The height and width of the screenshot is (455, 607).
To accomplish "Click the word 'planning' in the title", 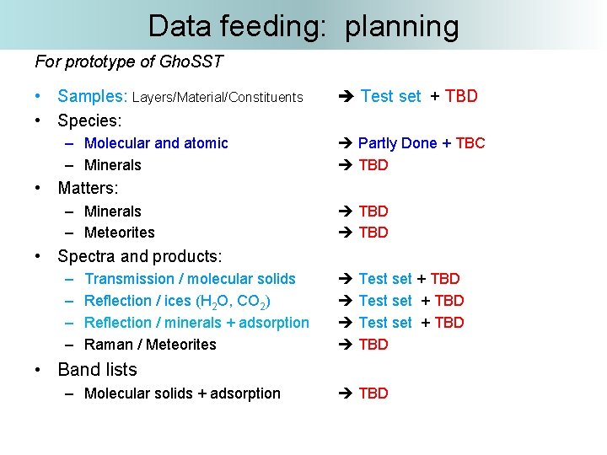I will (402, 27).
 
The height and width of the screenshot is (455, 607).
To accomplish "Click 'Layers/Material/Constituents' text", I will (218, 98).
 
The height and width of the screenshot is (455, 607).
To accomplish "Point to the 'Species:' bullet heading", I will (89, 120).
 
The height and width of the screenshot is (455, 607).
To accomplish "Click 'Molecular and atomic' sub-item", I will (156, 143).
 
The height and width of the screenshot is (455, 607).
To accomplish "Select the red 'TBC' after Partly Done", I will (470, 143).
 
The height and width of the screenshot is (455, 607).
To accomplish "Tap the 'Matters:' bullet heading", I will (88, 188).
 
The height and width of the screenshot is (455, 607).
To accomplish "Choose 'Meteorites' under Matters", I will (119, 233).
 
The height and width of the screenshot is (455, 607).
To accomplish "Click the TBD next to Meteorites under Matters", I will (373, 233).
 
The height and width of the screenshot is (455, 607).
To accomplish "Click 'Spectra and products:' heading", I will (139, 256).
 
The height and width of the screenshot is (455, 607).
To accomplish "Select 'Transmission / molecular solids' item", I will (190, 279).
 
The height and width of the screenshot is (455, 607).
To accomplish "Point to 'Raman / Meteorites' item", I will (150, 345).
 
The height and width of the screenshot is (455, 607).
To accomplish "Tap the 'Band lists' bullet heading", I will (97, 369).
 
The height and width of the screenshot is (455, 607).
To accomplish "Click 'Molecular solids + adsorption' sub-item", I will (182, 393).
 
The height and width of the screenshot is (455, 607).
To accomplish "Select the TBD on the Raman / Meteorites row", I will (373, 345).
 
